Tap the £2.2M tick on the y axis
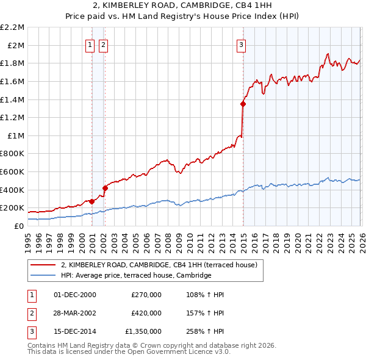click(x=13, y=27)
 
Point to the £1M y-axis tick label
click(x=16, y=135)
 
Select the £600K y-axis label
click(x=13, y=172)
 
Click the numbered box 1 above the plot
click(x=90, y=44)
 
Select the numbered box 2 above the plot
click(x=103, y=44)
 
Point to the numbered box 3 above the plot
click(x=241, y=44)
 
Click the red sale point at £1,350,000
click(x=243, y=104)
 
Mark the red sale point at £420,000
click(x=105, y=188)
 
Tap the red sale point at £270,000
click(x=91, y=201)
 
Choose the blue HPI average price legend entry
click(x=135, y=276)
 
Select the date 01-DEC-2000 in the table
click(x=75, y=295)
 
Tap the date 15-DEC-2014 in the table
click(x=75, y=331)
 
